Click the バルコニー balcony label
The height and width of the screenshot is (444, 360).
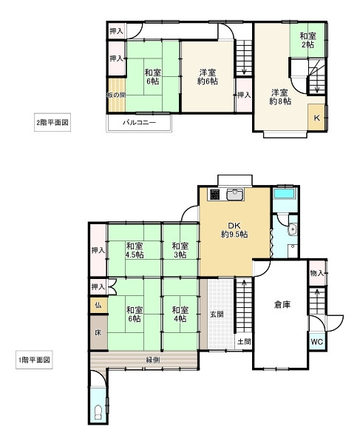pos(139,123)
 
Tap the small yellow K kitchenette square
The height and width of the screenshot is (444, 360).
pos(316,118)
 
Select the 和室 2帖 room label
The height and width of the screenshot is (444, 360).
pos(308,40)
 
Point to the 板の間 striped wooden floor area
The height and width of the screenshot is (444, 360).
pos(117,95)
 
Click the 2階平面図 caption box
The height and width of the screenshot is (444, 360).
pos(52,122)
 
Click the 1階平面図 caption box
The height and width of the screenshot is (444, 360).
pos(34,360)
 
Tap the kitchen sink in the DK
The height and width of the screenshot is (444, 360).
pos(235,195)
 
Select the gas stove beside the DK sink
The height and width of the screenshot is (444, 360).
pos(214,194)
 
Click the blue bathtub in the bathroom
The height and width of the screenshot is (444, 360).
pos(285,194)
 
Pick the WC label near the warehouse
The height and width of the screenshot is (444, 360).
pos(316,342)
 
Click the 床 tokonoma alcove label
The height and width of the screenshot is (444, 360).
pos(98,332)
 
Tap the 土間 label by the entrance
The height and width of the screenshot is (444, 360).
pos(244,341)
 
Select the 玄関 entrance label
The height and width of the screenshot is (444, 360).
pos(217,314)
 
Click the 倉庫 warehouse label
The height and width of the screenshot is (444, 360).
pos(282,305)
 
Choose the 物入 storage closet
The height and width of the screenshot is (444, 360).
pos(317,273)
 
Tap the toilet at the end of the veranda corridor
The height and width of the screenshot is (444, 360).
pos(98,413)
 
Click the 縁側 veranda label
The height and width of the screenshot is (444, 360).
pos(153,360)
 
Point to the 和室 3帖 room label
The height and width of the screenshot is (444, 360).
pos(180,250)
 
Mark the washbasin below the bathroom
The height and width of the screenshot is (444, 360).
pos(293,229)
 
